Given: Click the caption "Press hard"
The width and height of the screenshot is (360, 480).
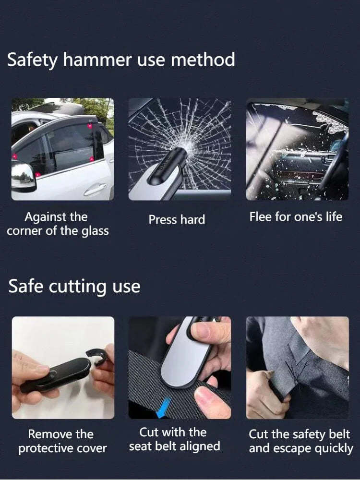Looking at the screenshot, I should coord(177,220).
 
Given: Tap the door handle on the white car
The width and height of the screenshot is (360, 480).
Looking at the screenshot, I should coord(94,191).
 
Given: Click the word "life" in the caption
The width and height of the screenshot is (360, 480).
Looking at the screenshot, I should coord(334,216).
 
